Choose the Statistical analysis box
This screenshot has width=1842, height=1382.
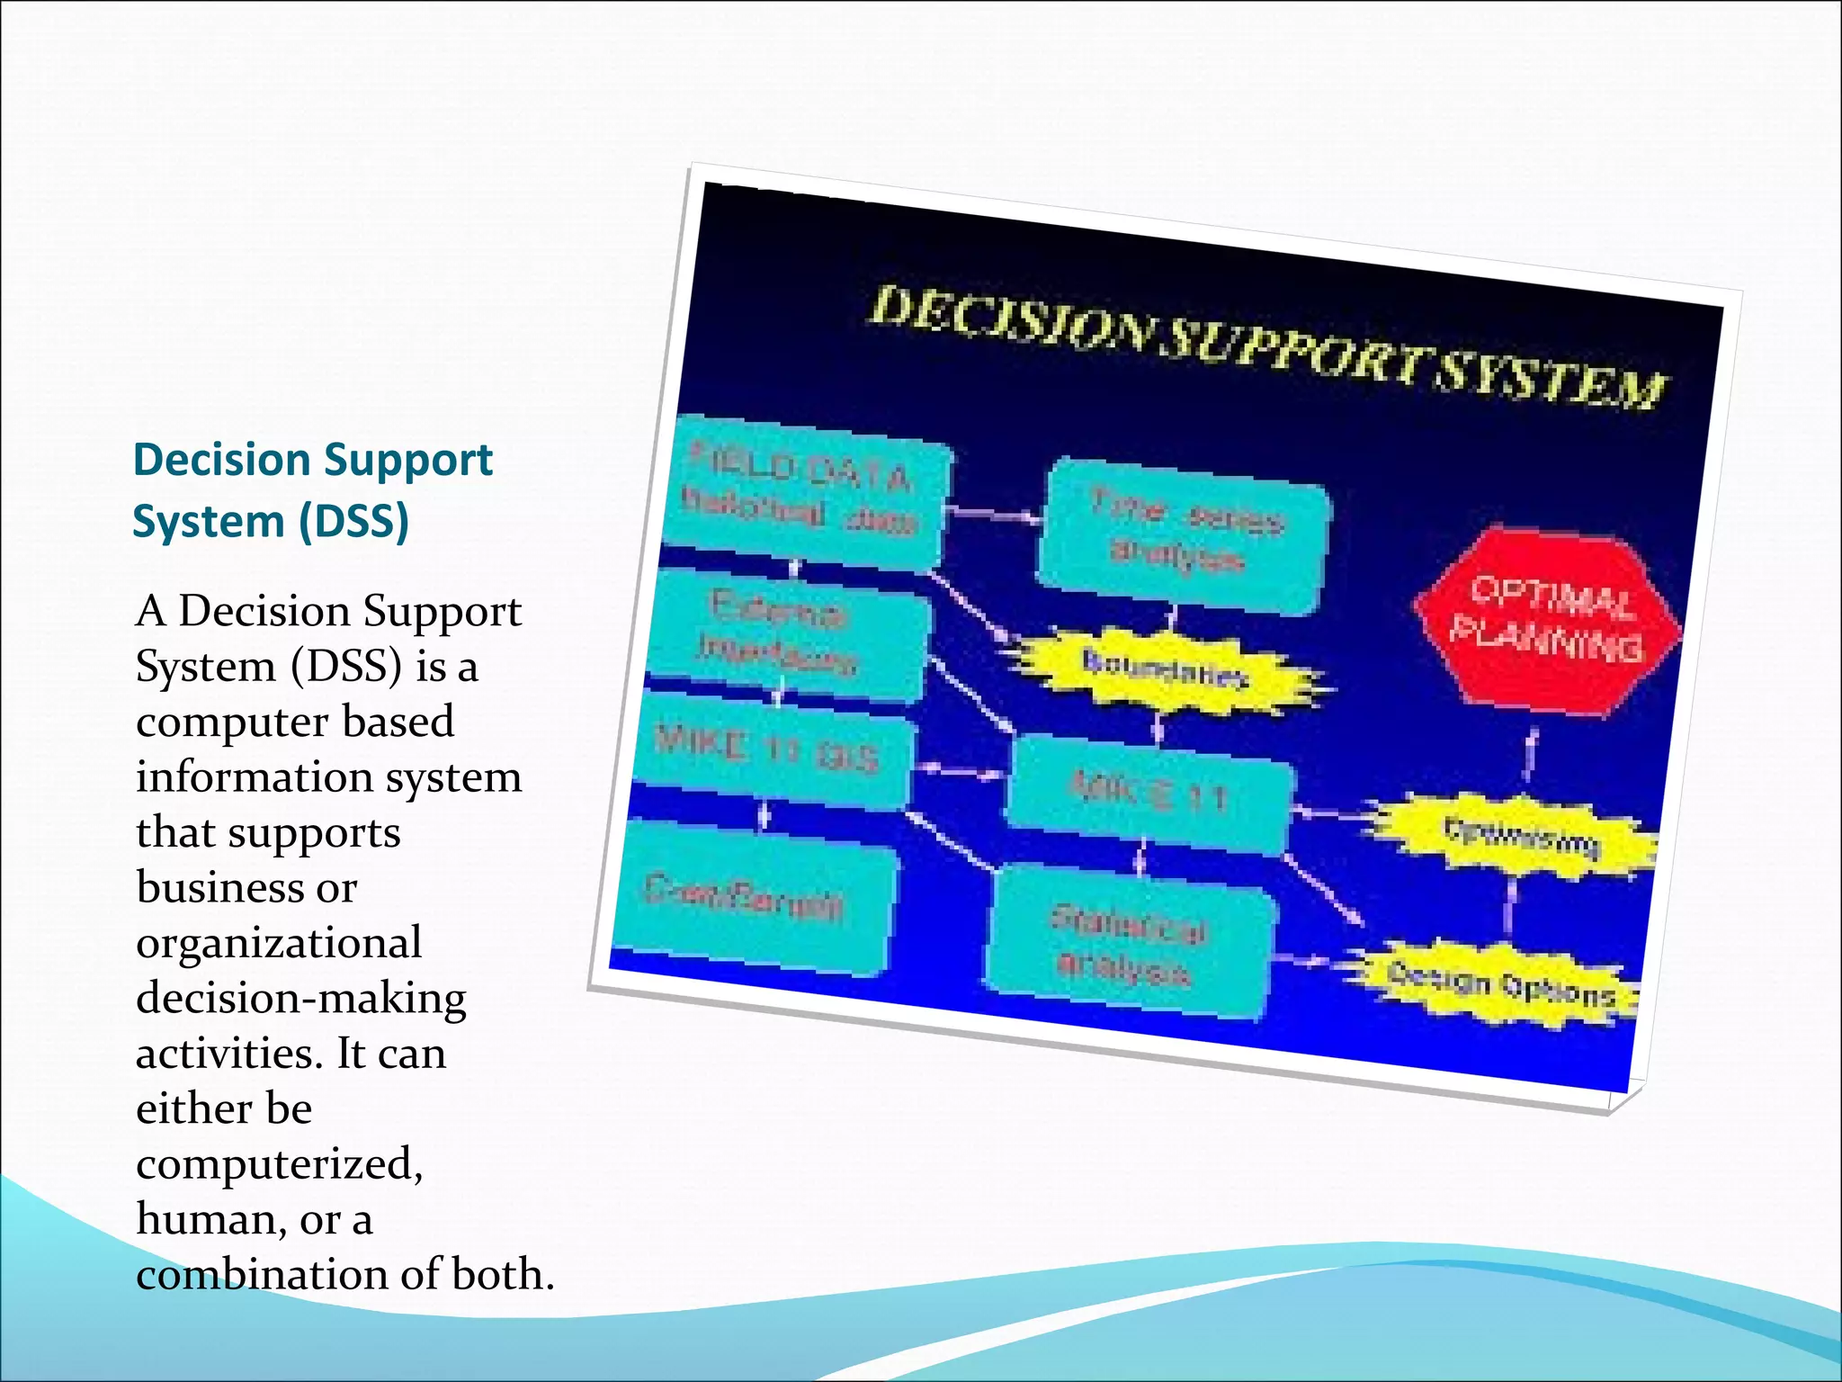(1130, 945)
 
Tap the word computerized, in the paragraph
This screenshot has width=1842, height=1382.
(279, 1164)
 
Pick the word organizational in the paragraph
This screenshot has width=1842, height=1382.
(279, 943)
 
